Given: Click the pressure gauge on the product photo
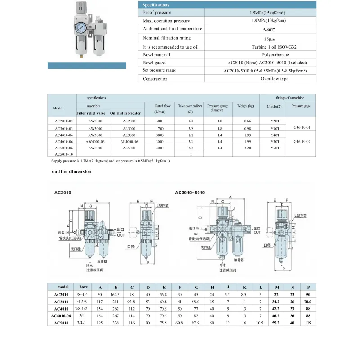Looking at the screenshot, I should point(82,27).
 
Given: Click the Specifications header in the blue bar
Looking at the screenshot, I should point(156,4).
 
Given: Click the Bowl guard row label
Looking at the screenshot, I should point(154,62).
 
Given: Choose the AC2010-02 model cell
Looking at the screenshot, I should point(64,121).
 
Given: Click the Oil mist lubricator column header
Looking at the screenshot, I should point(126,113).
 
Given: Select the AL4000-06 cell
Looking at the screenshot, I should point(130,141).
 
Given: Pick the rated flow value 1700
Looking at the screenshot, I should point(159,129).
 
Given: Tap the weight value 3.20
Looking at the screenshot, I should point(247,148).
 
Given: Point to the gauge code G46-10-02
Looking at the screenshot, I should point(301,141).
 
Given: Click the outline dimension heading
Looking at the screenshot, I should point(72,171).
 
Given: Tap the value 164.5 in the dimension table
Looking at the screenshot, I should point(116,294).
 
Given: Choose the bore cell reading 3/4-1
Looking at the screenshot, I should point(81,323).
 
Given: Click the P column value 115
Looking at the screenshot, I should point(308,323).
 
